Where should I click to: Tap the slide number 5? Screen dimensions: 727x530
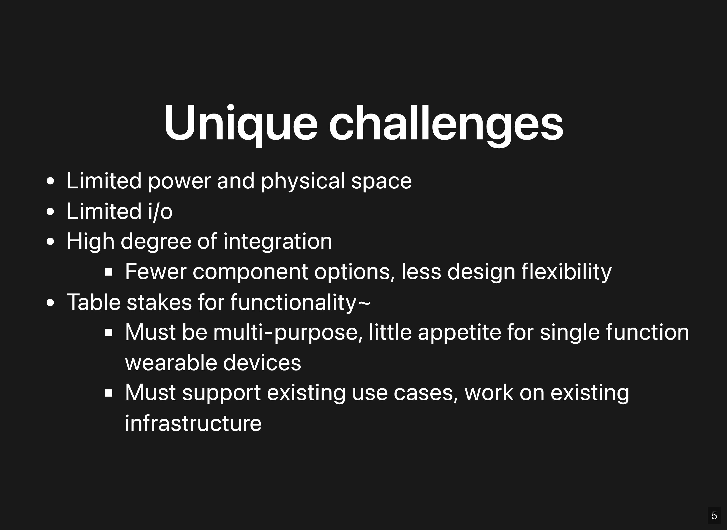[714, 515]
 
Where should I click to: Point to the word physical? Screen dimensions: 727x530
[303, 181]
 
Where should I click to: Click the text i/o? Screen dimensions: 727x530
[160, 211]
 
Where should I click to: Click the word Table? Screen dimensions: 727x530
[94, 302]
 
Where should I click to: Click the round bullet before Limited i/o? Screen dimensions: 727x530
[50, 211]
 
